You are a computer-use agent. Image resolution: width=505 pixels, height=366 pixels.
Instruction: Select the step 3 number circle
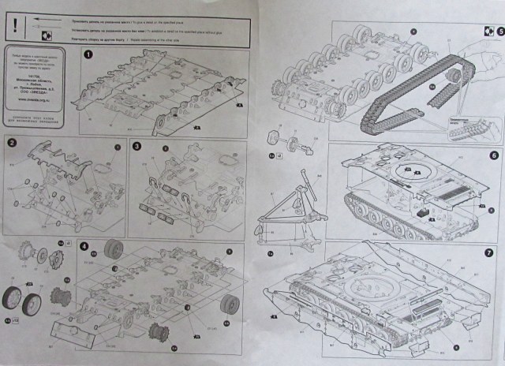point(137,146)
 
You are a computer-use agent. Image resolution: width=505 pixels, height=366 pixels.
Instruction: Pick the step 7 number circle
point(489,253)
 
